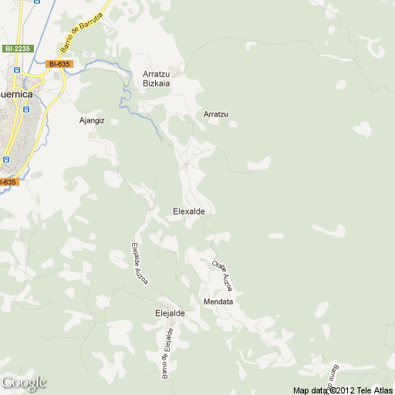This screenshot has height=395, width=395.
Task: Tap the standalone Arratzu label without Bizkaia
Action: pos(216,114)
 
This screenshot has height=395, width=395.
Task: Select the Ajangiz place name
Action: pos(92,120)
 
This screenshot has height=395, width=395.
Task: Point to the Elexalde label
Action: pos(189,211)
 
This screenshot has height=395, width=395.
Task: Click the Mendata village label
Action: pos(218,301)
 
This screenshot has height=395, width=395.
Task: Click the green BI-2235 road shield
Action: pos(16,49)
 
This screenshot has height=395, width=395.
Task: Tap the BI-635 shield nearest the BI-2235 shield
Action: pos(59,64)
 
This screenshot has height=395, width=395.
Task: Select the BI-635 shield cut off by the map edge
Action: pos(7,182)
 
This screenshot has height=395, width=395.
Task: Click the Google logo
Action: pos(24,383)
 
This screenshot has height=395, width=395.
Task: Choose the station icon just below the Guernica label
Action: pos(25,110)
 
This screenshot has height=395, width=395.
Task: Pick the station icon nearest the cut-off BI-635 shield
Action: pos(5,160)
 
